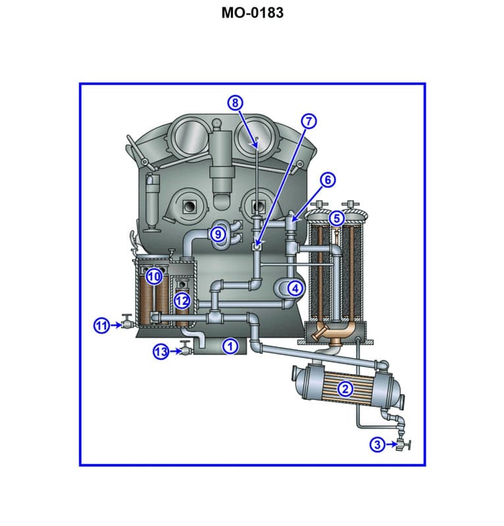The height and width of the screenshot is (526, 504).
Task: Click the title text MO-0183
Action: (252, 12)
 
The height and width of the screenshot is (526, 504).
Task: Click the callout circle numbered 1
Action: (230, 345)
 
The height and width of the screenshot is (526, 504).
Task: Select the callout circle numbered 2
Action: (344, 389)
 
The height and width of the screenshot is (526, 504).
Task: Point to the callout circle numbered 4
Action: (295, 287)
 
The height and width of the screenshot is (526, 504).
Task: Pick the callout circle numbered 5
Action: (336, 218)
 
